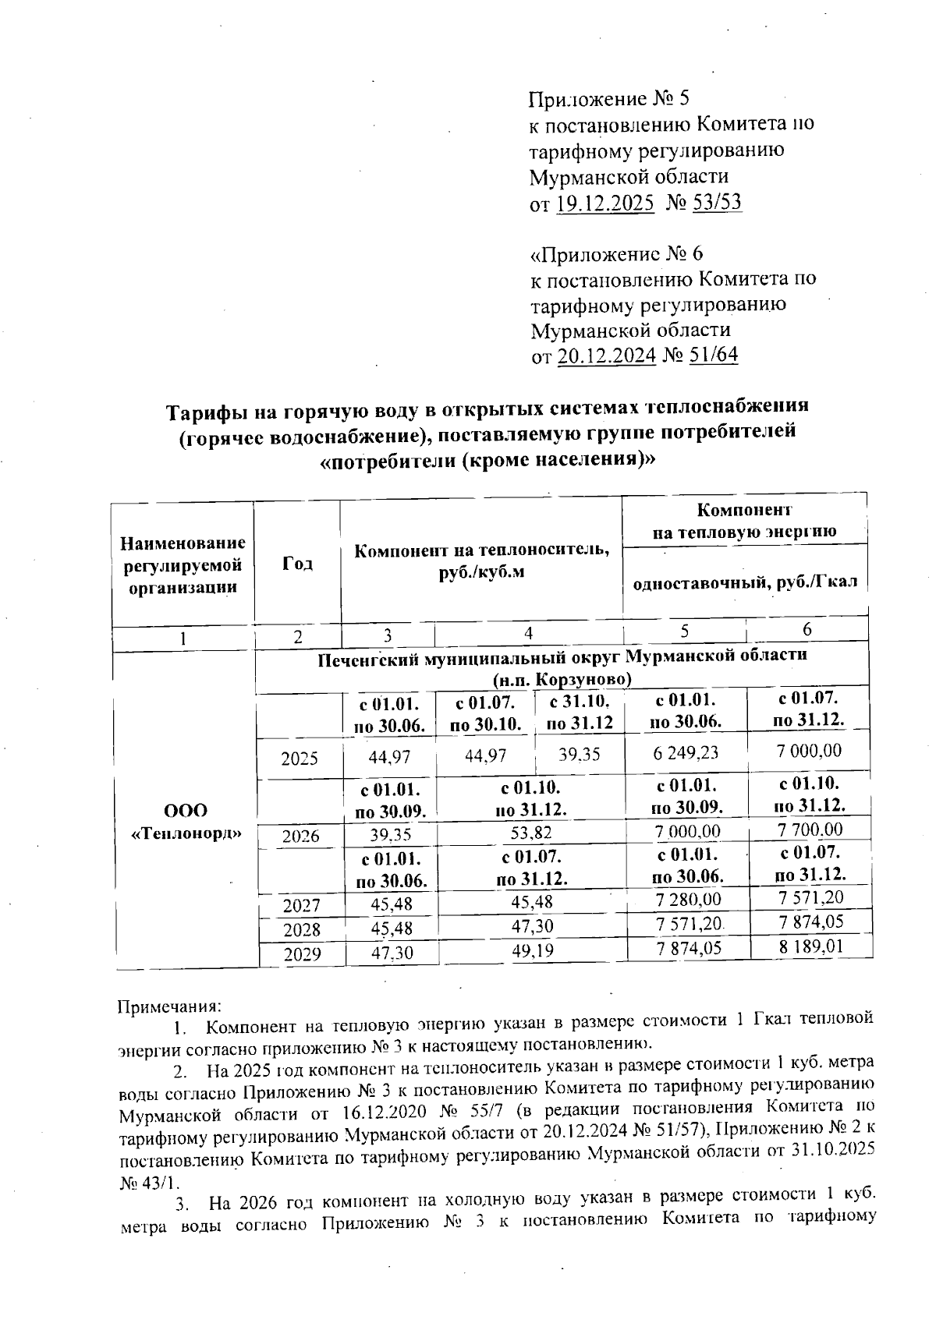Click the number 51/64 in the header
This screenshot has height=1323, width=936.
pyautogui.click(x=701, y=356)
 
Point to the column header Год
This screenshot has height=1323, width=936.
pyautogui.click(x=297, y=564)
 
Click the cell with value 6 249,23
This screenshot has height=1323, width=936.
pyautogui.click(x=686, y=753)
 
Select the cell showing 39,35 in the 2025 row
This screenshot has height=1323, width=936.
pyautogui.click(x=579, y=754)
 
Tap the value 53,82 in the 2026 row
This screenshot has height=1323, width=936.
pyautogui.click(x=530, y=834)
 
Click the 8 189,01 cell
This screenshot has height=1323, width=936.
pyautogui.click(x=811, y=946)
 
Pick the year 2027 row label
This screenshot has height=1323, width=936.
pyautogui.click(x=301, y=906)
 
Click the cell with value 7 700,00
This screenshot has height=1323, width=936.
pyautogui.click(x=810, y=830)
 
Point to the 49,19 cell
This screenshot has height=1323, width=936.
pyautogui.click(x=530, y=950)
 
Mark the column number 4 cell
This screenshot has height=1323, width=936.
pyautogui.click(x=528, y=634)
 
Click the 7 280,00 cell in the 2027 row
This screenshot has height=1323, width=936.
pyautogui.click(x=688, y=900)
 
